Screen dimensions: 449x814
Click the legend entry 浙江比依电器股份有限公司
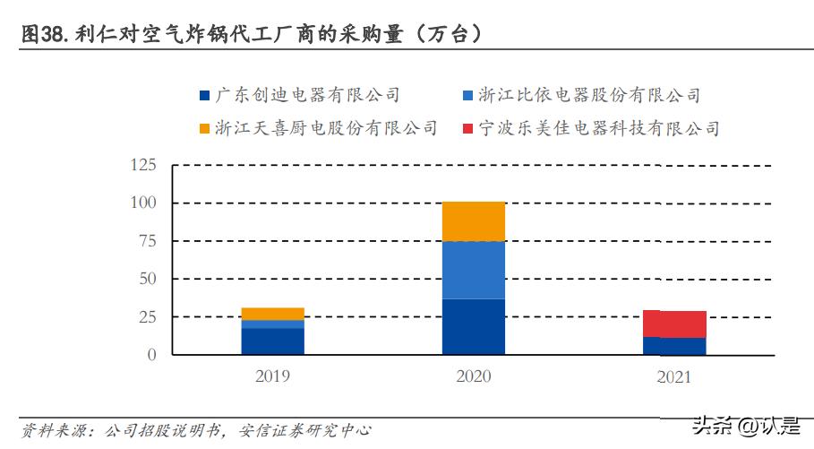(x=588, y=95)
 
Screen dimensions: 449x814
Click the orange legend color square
(x=204, y=128)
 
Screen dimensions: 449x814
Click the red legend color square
(x=467, y=128)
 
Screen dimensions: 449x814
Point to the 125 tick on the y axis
(x=143, y=166)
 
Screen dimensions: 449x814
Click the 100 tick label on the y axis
(x=143, y=203)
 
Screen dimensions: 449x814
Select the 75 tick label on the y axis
(x=147, y=242)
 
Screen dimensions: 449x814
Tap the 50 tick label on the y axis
(x=147, y=280)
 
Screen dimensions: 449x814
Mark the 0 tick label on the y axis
(x=151, y=355)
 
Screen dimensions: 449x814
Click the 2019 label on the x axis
(x=272, y=377)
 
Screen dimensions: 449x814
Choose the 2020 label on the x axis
(x=473, y=377)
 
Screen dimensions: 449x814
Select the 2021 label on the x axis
(x=673, y=377)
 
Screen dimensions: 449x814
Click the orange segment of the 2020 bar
(x=474, y=221)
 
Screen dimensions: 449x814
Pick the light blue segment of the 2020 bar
(x=474, y=270)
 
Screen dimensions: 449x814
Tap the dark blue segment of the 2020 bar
(x=474, y=326)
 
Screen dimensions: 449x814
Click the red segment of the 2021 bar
(x=674, y=324)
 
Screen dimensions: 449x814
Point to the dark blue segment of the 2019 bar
(x=272, y=341)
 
